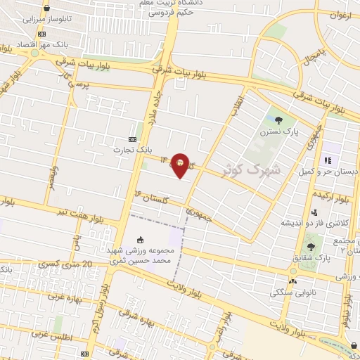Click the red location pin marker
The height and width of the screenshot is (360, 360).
[x=181, y=165]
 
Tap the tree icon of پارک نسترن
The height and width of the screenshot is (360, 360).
[x=279, y=120]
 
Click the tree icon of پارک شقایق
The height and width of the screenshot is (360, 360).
[x=310, y=247]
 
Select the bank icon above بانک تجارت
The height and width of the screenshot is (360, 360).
[x=134, y=139]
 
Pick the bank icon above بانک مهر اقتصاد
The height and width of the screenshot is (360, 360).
[x=42, y=34]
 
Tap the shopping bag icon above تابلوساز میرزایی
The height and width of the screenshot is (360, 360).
[x=46, y=9]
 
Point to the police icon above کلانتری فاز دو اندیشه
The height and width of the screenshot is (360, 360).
[x=315, y=212]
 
